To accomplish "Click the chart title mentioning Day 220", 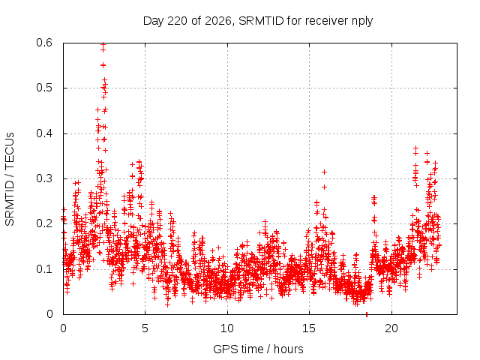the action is (258, 21).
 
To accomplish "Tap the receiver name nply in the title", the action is (362, 22).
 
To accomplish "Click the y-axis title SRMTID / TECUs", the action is (10, 179).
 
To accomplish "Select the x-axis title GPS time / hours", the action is (258, 349).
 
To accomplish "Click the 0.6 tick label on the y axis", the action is (44, 43).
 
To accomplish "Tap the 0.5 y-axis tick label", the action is (44, 88).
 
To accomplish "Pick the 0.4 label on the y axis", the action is (44, 133).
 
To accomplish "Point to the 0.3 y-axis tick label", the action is (44, 178).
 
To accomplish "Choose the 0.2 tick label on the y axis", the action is (44, 223).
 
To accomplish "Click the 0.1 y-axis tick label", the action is (44, 269).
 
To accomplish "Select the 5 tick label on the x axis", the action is (145, 328).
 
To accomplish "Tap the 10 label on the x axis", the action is (227, 328).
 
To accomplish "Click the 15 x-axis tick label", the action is (309, 328).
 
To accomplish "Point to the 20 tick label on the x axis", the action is (391, 328).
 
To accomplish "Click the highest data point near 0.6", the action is (103, 44).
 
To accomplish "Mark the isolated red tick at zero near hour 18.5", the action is (367, 315).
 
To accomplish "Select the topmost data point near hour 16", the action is (324, 172).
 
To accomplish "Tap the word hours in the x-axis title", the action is (288, 349).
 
